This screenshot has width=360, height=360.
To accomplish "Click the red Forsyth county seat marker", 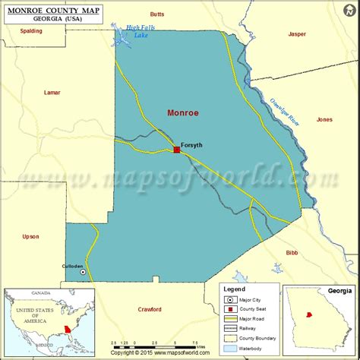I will (x=177, y=150).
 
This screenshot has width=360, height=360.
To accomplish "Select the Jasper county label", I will (x=297, y=34).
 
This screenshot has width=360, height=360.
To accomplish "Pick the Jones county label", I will (x=324, y=119).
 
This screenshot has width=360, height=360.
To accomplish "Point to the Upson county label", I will (x=30, y=236).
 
